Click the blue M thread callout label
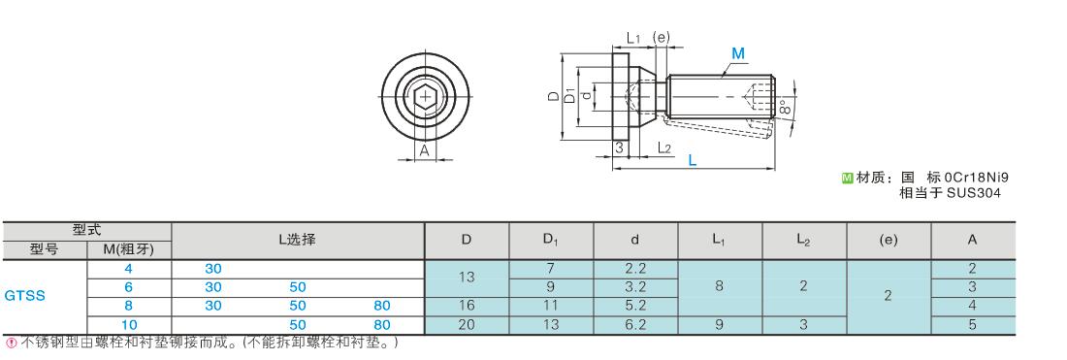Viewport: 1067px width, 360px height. tap(737, 53)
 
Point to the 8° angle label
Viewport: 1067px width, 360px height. tap(785, 107)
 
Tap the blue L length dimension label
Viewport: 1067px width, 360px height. tap(692, 161)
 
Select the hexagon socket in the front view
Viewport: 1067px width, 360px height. tap(425, 97)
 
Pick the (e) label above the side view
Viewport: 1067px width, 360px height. tap(660, 38)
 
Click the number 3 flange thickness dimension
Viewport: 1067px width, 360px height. tap(619, 147)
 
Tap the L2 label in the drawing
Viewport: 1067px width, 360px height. tap(664, 147)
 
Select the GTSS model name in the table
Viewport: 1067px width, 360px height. tap(24, 296)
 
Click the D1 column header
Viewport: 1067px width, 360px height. tap(551, 240)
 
